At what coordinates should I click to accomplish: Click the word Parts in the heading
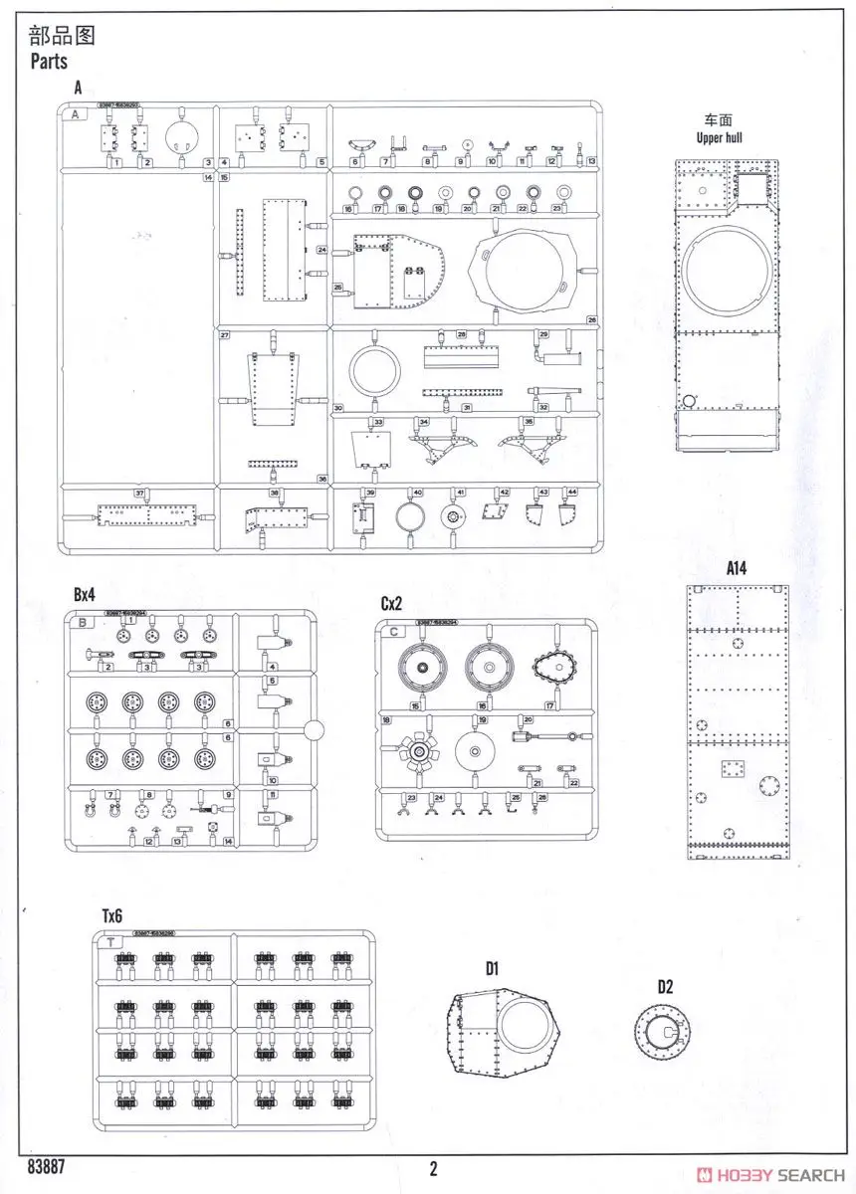(x=49, y=62)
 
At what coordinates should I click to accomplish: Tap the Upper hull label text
(x=721, y=137)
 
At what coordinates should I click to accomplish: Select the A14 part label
(x=737, y=569)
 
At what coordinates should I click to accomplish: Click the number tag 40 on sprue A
(x=417, y=494)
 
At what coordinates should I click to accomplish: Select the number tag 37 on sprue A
(x=140, y=494)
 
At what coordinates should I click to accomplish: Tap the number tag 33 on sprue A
(x=377, y=423)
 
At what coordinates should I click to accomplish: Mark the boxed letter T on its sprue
(x=111, y=940)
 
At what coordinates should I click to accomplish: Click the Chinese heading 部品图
(x=62, y=38)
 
